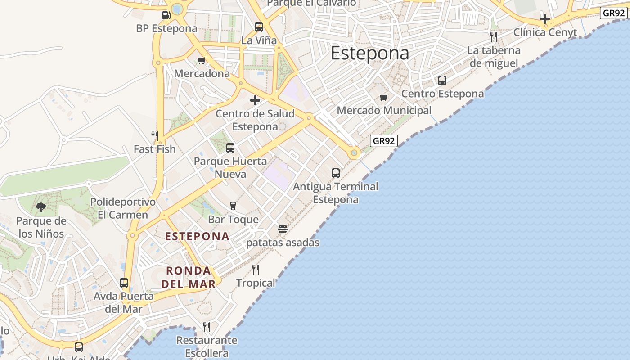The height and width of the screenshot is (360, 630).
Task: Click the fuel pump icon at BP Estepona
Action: (x=166, y=15)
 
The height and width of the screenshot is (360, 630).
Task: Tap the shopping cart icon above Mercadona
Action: (x=202, y=60)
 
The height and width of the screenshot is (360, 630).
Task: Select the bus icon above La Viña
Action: (x=259, y=27)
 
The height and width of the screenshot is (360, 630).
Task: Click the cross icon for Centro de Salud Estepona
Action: (x=255, y=100)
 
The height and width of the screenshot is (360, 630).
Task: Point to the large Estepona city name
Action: (x=370, y=53)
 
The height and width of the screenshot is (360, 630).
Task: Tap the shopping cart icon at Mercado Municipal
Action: (x=384, y=97)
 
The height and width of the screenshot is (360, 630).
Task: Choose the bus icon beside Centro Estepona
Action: (x=442, y=81)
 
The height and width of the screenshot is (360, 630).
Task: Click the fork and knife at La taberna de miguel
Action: (x=494, y=37)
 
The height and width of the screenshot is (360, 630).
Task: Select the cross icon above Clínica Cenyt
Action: (x=545, y=19)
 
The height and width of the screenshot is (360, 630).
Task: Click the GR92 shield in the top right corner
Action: (x=614, y=13)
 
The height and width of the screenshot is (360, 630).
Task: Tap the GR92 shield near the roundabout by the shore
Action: (x=384, y=141)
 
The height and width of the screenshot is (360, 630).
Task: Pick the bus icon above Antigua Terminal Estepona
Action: (x=336, y=173)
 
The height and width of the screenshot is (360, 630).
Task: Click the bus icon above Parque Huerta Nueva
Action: (x=230, y=148)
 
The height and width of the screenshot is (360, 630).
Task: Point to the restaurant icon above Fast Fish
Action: (x=154, y=135)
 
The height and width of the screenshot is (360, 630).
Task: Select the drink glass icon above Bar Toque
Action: (x=233, y=206)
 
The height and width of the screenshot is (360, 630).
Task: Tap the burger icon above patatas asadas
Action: (x=283, y=229)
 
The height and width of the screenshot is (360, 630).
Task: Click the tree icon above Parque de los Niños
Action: (x=41, y=207)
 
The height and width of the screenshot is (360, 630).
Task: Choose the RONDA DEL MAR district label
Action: (x=189, y=277)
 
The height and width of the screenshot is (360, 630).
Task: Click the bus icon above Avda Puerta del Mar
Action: (x=124, y=283)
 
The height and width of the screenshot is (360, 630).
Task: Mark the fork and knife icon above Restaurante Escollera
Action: (x=207, y=327)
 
